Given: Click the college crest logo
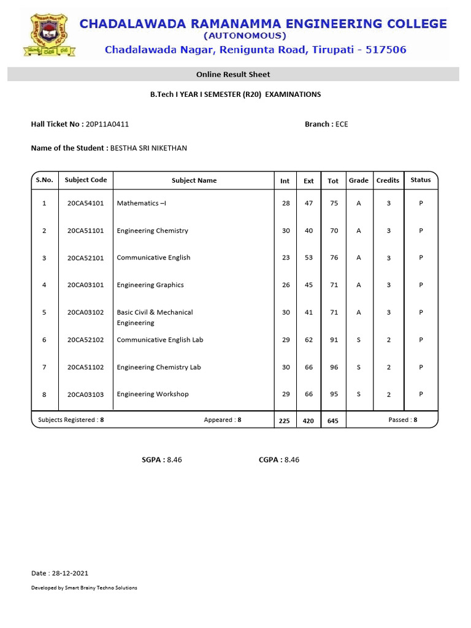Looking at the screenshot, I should [48, 35].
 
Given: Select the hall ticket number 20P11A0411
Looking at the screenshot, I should [112, 124].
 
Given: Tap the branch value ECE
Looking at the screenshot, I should [342, 124].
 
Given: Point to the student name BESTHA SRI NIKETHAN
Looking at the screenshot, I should [148, 148].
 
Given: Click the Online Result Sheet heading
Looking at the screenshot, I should [233, 74].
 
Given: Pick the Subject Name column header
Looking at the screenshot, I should [194, 180].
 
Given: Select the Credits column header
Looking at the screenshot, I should [388, 180].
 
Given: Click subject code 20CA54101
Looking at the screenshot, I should [86, 203].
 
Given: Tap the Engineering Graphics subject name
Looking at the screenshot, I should [150, 285].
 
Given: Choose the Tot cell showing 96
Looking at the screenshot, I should [334, 367].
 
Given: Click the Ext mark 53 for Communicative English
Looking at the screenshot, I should [308, 258].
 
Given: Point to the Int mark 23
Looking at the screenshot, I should [286, 258].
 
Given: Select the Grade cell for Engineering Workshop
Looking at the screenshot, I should [359, 394].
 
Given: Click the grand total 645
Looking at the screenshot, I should [333, 421].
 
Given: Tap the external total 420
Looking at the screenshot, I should [308, 421].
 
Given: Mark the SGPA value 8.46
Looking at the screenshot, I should [174, 459].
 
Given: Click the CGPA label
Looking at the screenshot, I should [269, 459].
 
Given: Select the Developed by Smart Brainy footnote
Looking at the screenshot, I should [84, 588].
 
